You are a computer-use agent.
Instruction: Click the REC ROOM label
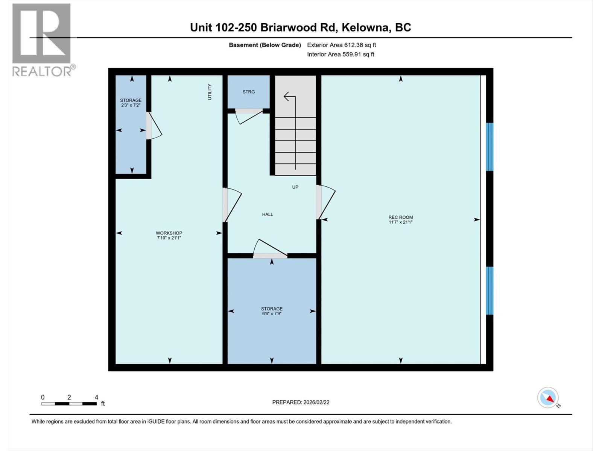400,217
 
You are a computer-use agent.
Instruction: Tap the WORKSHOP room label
169,233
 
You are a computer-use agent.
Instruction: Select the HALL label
268,214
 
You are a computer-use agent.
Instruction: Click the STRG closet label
248,92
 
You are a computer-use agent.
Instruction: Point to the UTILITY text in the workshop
210,92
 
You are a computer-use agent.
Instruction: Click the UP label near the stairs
295,187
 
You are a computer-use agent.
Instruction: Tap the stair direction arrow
290,97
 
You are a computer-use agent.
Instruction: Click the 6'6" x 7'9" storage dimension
272,313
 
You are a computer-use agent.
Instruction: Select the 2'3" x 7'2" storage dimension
131,105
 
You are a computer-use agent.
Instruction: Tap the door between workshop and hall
232,205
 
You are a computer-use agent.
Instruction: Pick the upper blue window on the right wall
489,147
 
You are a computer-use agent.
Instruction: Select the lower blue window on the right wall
489,291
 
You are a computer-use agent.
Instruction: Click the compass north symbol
548,398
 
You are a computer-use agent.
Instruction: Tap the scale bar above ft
69,404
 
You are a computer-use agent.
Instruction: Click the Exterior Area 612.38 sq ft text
341,45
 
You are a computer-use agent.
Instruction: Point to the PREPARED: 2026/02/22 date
301,402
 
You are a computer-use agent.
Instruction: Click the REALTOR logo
42,39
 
